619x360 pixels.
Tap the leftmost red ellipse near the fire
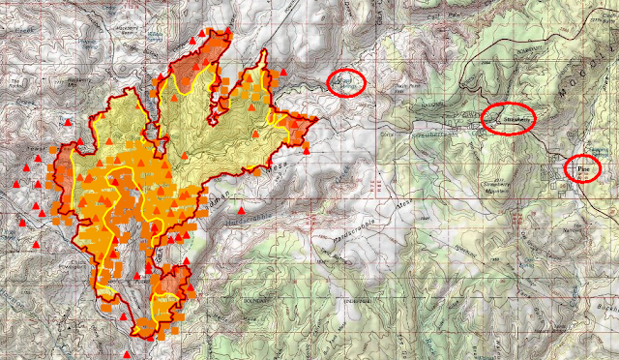click(x=346, y=83)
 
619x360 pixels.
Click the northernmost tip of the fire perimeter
click(x=228, y=31)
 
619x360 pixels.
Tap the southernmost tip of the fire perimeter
click(x=143, y=337)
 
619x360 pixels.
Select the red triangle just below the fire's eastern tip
click(x=308, y=151)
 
